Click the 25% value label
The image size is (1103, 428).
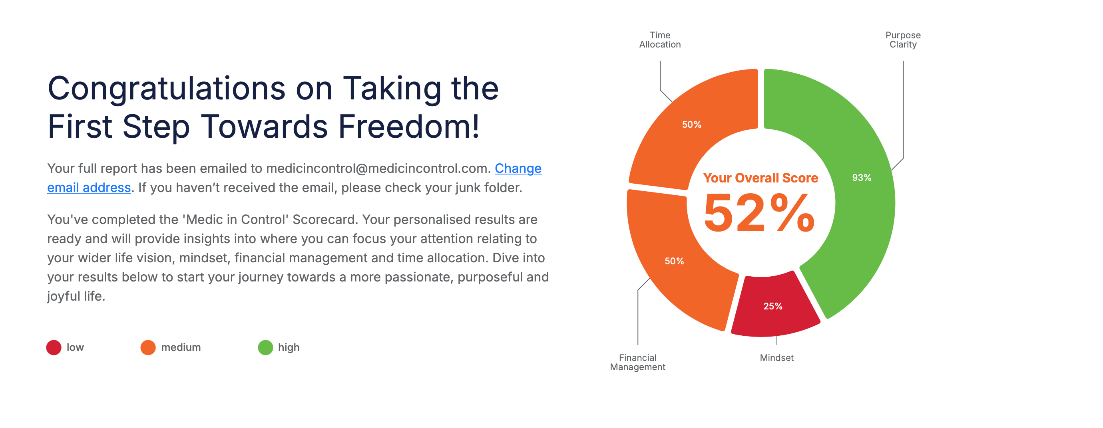click(x=773, y=306)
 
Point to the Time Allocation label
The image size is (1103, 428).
click(x=660, y=40)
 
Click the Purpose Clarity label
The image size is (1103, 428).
click(x=903, y=40)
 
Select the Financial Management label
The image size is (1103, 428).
click(x=637, y=362)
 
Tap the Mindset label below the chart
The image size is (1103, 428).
click(x=777, y=358)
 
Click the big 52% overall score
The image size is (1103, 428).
click(x=759, y=212)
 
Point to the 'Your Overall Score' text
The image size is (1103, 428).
click(x=761, y=178)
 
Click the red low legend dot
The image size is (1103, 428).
click(x=54, y=347)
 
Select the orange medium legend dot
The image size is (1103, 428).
click(x=148, y=347)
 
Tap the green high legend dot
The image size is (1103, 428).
click(x=265, y=347)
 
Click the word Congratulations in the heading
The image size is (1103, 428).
click(x=167, y=89)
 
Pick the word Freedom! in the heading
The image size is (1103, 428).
click(x=409, y=127)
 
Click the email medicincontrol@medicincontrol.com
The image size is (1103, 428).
click(x=378, y=168)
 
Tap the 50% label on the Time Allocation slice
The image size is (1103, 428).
click(x=691, y=125)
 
